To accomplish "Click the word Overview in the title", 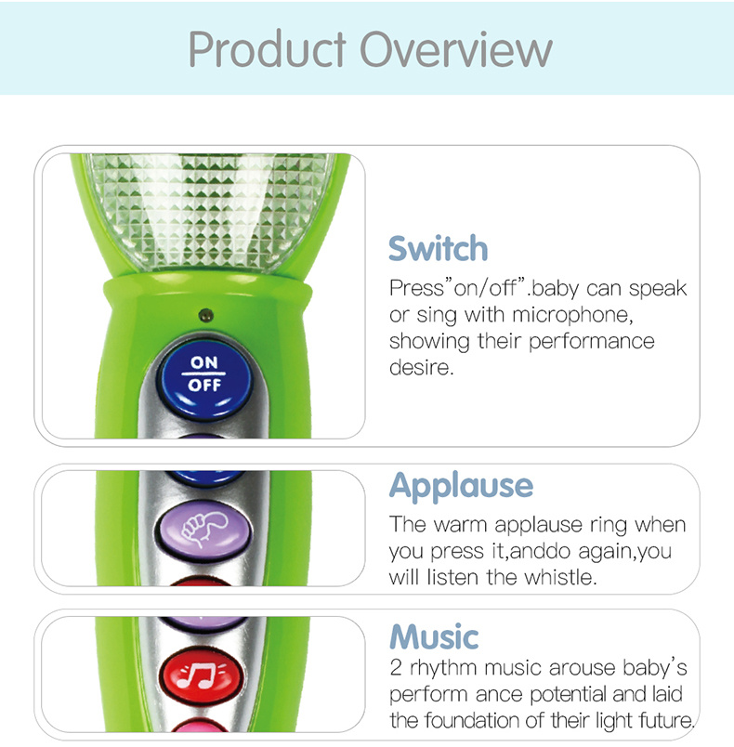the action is coord(456,49).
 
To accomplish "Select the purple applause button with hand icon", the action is coord(203,530).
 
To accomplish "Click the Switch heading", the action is coord(439,248).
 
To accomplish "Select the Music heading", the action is coord(434,637).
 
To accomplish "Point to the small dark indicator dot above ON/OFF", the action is coord(205,314).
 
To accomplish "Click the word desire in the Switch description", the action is coord(422,367).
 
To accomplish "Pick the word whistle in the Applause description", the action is coord(560,577).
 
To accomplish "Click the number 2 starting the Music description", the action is coord(396,668).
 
